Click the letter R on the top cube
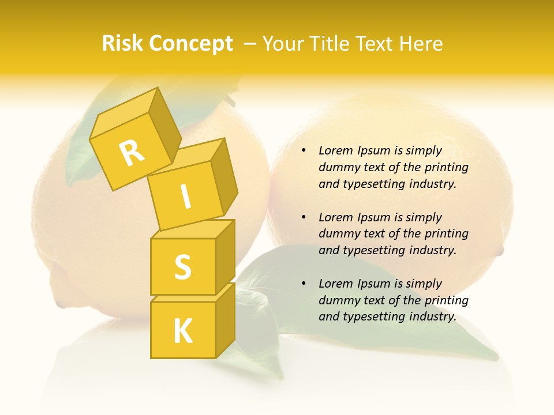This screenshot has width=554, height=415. [x=132, y=153]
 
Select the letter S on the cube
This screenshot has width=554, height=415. [x=182, y=267]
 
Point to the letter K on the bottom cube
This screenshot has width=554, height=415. [x=182, y=331]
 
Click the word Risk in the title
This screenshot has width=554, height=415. [x=122, y=43]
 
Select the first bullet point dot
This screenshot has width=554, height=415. [x=304, y=150]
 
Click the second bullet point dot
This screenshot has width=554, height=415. [x=304, y=217]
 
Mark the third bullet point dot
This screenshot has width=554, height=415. [x=304, y=284]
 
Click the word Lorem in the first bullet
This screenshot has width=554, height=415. [x=335, y=150]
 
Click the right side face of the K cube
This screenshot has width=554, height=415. [x=225, y=318]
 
